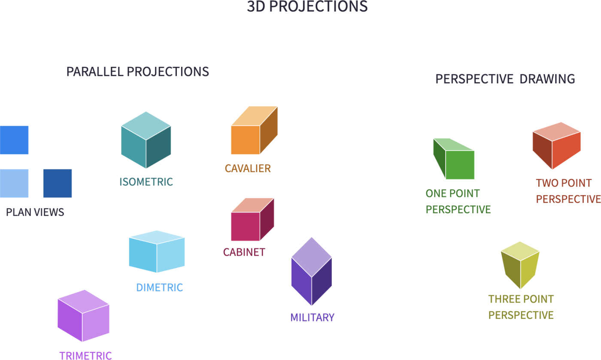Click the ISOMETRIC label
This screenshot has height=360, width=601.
[x=146, y=182]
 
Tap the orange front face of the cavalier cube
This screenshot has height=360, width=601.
[x=245, y=140]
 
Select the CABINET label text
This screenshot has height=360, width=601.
[x=244, y=252]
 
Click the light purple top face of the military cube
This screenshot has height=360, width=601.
[x=312, y=257]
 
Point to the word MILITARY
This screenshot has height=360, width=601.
[x=313, y=318]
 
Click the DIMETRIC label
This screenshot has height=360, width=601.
[x=160, y=287]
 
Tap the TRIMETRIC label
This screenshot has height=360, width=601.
[x=85, y=356]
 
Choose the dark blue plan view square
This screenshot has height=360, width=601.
[x=58, y=183]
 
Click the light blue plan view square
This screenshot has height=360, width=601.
[x=14, y=183]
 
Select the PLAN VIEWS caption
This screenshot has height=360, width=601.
[x=35, y=212]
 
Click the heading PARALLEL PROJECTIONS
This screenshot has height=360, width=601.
[x=138, y=72]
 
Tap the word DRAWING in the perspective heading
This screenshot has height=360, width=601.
[x=547, y=79]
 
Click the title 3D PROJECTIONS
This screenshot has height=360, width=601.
[x=307, y=6]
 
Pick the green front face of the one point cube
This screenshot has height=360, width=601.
[x=460, y=165]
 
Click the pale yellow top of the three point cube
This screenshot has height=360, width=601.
[x=520, y=251]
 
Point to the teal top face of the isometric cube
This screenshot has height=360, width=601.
[x=146, y=126]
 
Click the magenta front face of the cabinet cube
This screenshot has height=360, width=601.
[x=245, y=227]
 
